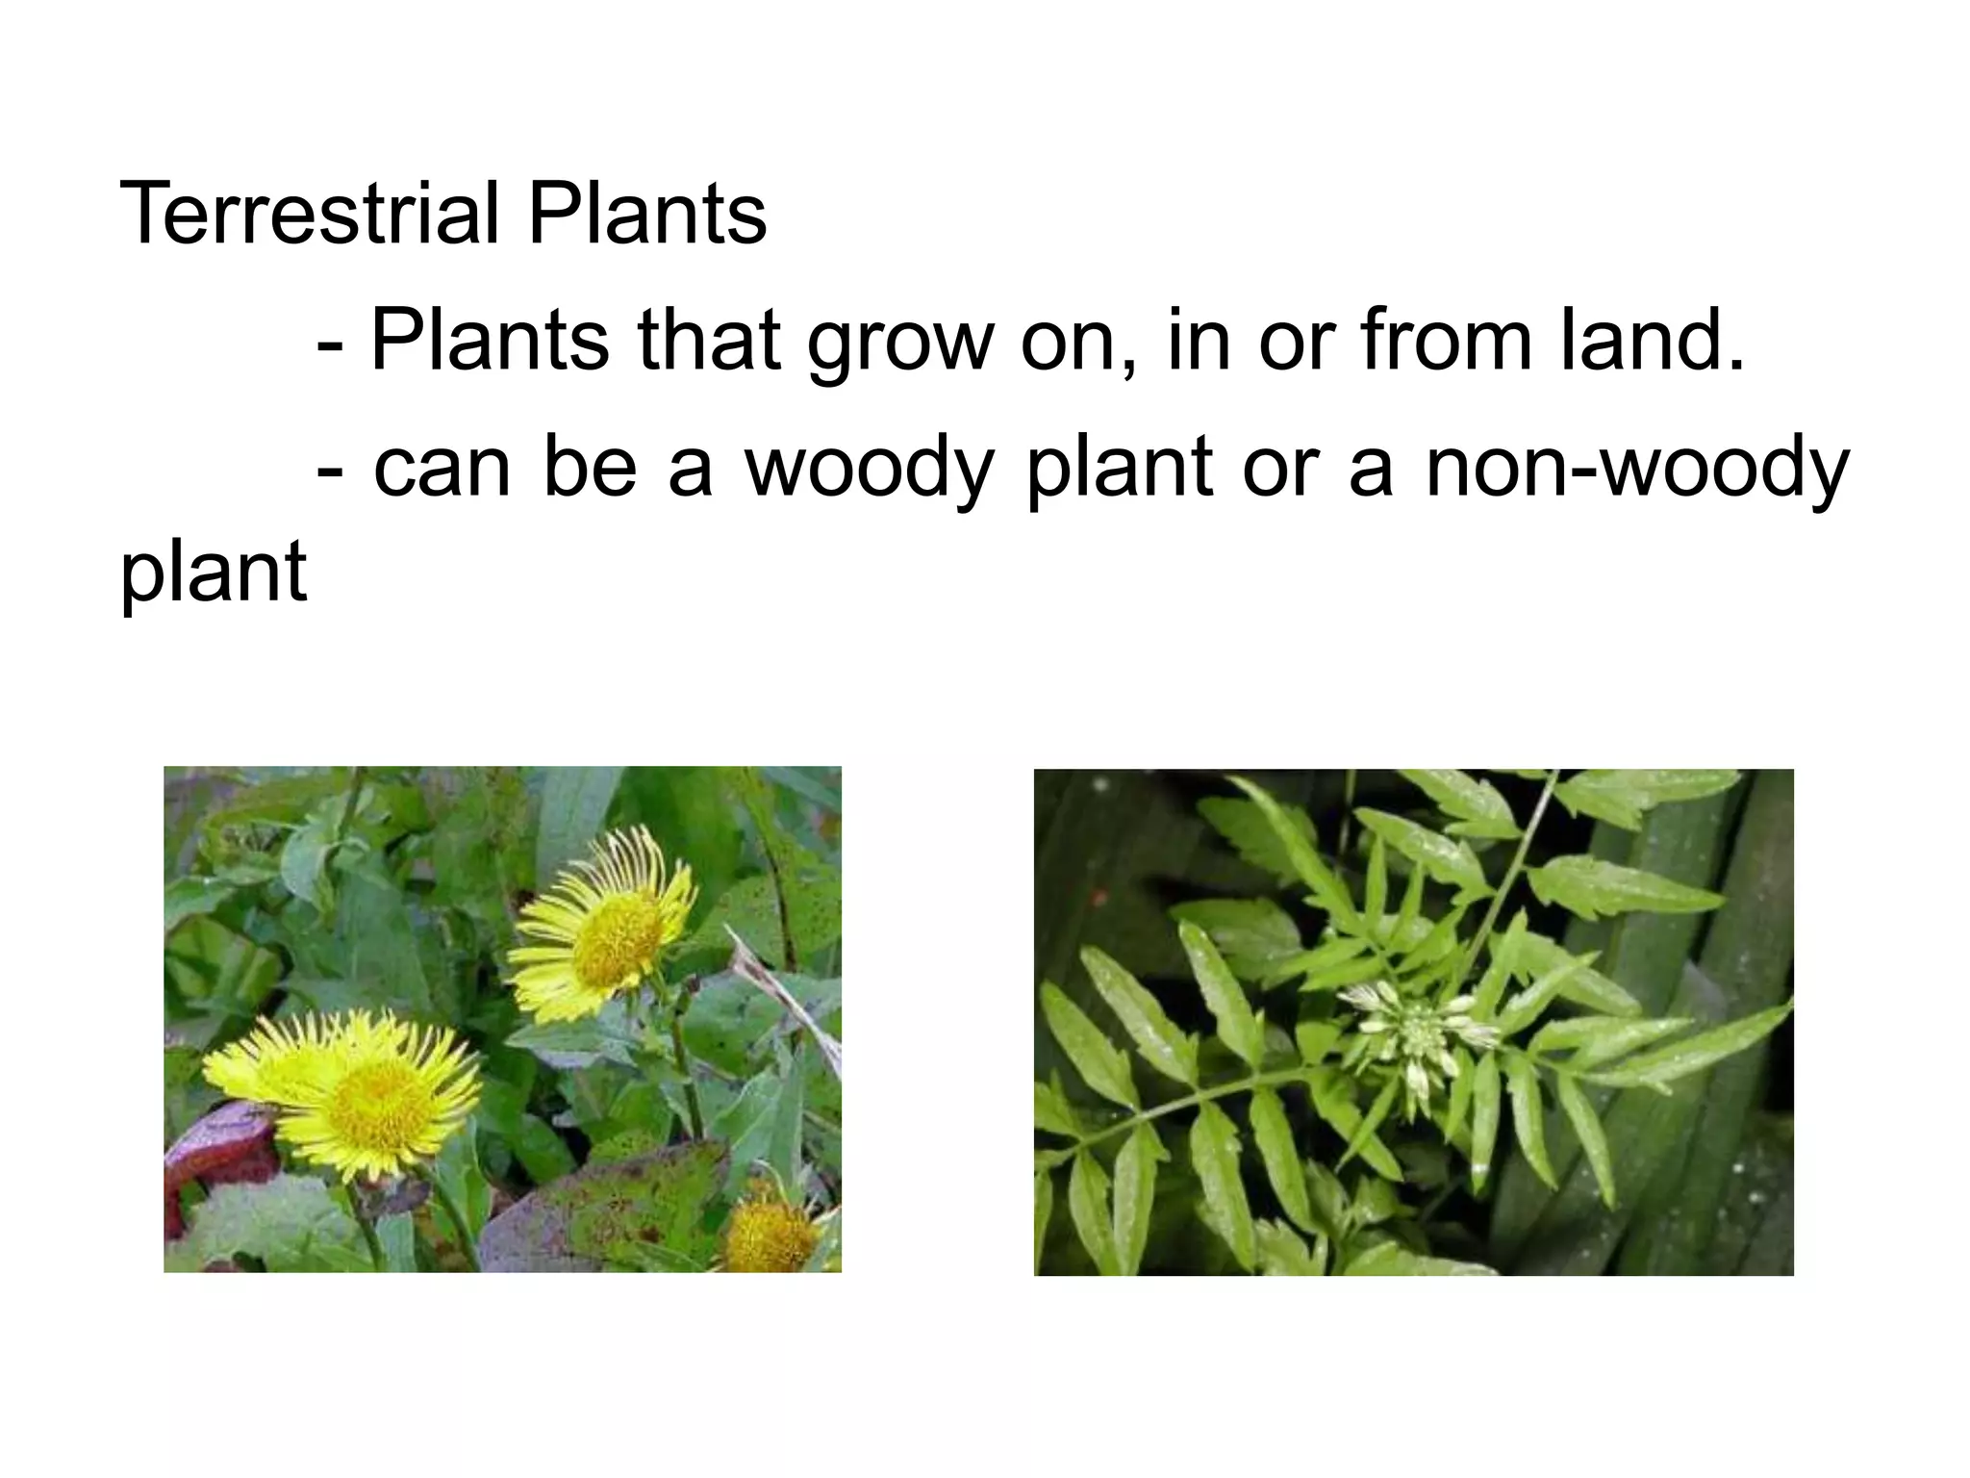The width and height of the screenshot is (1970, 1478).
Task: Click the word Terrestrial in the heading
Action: point(309,213)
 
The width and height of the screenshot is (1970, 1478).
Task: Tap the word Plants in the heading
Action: point(647,213)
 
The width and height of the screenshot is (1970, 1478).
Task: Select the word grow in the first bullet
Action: point(899,342)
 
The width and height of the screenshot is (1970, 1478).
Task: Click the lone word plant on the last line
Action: point(214,573)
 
